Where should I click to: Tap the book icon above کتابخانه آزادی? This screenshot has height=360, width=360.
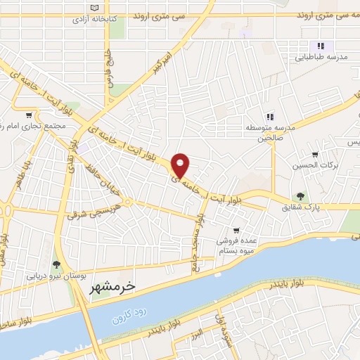click(x=96, y=7)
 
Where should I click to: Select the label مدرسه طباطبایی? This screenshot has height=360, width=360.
click(x=319, y=60)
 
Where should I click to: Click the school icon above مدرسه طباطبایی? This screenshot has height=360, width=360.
click(x=302, y=46)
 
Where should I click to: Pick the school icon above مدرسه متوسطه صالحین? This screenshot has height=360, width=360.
click(x=269, y=117)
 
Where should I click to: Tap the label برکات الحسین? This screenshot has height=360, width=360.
click(x=315, y=165)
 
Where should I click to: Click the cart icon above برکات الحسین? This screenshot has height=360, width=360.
click(x=315, y=154)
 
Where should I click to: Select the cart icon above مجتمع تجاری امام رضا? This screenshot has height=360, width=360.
click(x=28, y=115)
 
